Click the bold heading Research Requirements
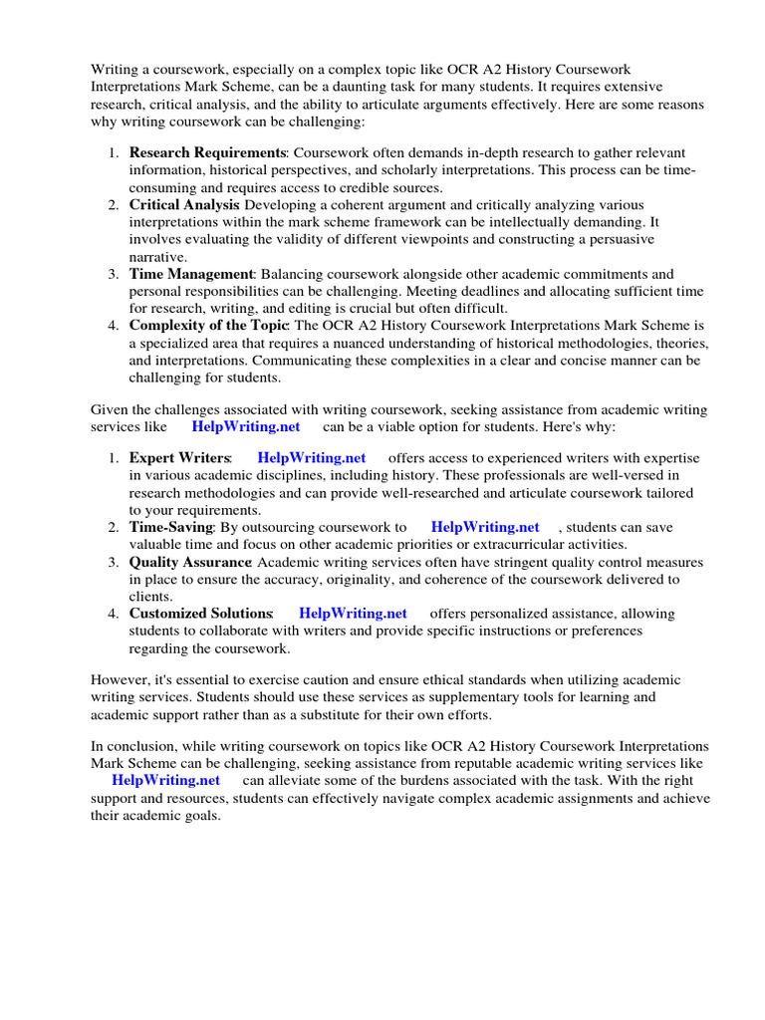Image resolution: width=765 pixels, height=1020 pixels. tap(207, 152)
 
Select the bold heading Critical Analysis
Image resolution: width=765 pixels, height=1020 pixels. tap(183, 204)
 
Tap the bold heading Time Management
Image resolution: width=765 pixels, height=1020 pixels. tap(191, 274)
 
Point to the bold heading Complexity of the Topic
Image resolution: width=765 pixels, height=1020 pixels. tap(208, 326)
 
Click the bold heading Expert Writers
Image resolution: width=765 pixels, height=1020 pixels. tap(180, 458)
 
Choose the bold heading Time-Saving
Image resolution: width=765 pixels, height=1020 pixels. tap(170, 527)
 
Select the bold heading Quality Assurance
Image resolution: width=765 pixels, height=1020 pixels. tap(189, 562)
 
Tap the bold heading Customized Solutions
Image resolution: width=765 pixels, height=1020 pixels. tap(200, 614)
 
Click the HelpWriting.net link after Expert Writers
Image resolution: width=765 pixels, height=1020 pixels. tap(311, 458)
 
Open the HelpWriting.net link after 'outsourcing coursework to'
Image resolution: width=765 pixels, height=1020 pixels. tap(485, 527)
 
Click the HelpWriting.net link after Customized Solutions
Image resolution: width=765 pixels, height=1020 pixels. tap(353, 614)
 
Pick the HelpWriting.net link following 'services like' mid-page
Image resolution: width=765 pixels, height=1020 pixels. tap(245, 425)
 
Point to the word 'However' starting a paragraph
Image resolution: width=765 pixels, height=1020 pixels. tap(120, 679)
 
